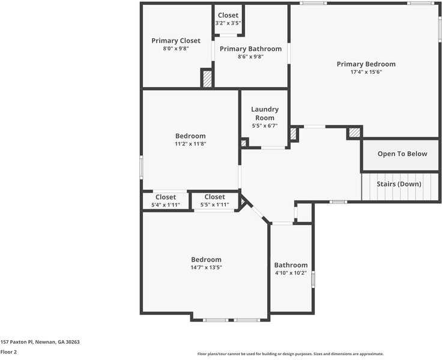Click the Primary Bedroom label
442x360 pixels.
coord(366,64)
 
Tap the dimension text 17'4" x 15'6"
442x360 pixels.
coord(366,72)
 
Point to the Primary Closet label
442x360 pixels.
coord(175,41)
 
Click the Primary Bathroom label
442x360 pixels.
coord(250,49)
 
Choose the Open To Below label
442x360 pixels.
coord(402,154)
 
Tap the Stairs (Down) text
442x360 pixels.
coord(399,184)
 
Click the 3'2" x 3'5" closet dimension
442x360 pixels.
coord(228,23)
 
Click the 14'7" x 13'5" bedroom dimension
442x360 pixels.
coord(206,268)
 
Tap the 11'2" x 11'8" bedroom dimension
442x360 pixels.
coord(190,144)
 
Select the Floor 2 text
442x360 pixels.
coord(8,352)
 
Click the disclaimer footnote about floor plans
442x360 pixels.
coord(290,354)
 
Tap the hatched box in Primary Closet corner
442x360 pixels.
coord(207,79)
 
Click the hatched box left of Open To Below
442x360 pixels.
coord(354,133)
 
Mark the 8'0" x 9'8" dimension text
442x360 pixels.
coord(175,49)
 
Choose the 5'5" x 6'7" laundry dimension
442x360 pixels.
coord(264,126)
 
